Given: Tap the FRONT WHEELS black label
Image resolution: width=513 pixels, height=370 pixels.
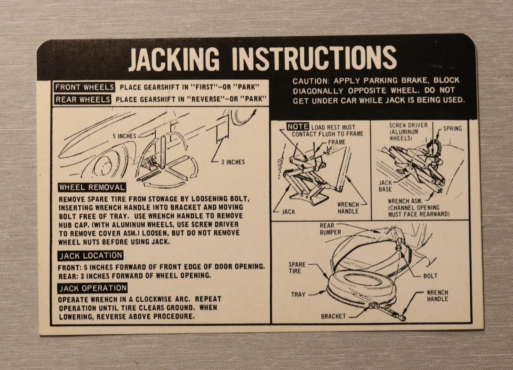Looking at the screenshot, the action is click(84, 87).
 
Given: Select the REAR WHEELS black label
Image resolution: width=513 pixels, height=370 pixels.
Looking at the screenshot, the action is click(83, 99).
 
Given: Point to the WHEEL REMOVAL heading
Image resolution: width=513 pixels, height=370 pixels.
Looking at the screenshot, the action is click(92, 187).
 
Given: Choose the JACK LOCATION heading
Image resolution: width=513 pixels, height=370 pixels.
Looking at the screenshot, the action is click(91, 256).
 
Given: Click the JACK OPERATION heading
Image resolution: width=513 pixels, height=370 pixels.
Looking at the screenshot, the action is click(93, 288).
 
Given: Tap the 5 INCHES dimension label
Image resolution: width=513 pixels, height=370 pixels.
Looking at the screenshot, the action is click(124, 136).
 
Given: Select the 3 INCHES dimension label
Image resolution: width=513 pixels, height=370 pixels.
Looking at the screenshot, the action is click(233, 162).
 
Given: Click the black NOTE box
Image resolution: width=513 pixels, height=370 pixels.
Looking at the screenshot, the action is click(298, 127).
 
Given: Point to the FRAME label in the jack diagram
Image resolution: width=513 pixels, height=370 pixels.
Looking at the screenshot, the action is click(337, 142).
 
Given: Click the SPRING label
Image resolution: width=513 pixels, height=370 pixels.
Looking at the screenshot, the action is click(452, 129).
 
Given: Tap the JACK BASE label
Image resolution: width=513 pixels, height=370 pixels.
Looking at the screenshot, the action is click(385, 186).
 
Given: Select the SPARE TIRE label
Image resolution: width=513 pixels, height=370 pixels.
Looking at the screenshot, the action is click(297, 268).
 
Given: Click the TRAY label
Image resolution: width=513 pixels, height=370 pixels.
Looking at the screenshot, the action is click(298, 295).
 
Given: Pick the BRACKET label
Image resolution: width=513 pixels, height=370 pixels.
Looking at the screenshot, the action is click(333, 316).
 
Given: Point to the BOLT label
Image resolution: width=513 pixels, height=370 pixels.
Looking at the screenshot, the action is click(430, 276).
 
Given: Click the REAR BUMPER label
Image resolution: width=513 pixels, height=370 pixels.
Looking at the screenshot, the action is click(330, 229).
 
